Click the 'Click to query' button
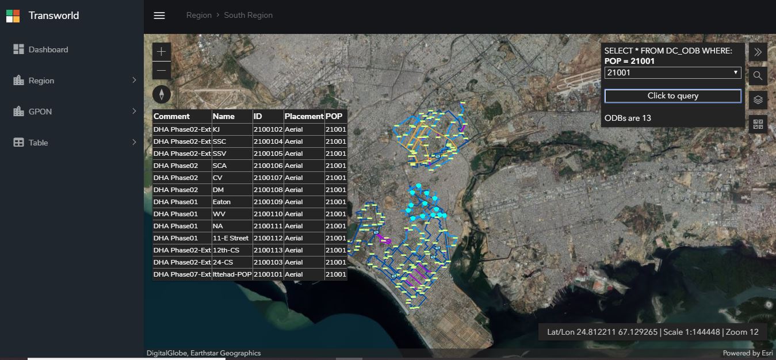click(673, 96)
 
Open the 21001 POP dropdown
click(673, 73)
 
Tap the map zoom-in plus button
click(162, 52)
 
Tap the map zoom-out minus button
click(162, 71)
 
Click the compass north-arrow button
click(162, 94)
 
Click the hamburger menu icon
click(159, 16)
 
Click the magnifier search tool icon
click(758, 76)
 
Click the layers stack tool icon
click(758, 100)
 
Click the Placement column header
click(304, 116)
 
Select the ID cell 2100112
click(268, 238)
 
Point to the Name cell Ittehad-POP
click(232, 274)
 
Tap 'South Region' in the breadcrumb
click(248, 16)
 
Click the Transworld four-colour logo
click(13, 16)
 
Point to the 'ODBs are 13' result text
click(628, 118)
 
